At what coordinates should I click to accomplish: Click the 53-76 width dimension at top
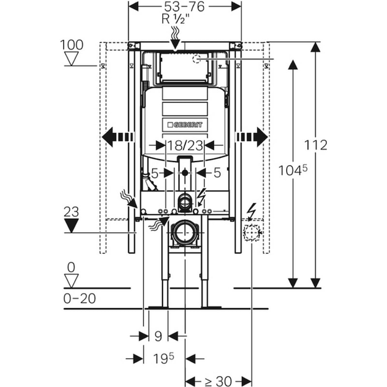point(184,7)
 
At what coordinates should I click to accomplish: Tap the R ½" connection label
point(176,19)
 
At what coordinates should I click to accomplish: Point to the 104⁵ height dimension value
point(293,170)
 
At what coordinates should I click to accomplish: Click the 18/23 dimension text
point(185,146)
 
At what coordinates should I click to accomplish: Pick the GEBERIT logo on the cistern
point(185,125)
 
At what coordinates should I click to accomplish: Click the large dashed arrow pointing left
point(118,137)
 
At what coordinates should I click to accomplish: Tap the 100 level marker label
point(72,45)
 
